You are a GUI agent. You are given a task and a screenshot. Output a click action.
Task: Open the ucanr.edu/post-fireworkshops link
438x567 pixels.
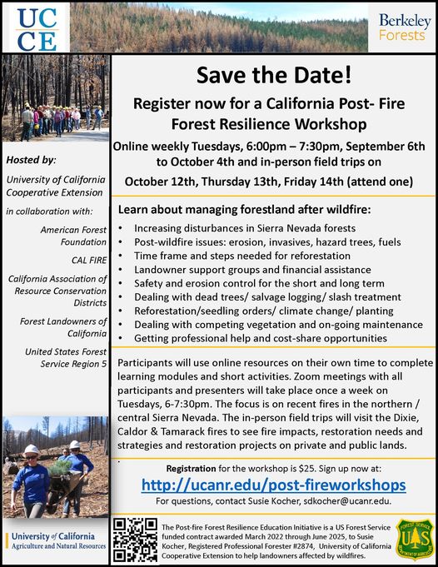click(273, 485)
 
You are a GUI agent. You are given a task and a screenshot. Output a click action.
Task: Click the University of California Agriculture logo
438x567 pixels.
click(55, 540)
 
